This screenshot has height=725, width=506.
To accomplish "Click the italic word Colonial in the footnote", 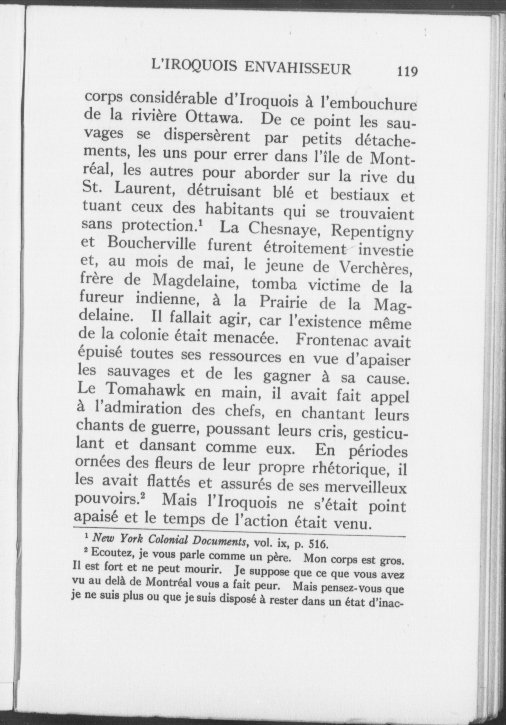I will click(x=170, y=541).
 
